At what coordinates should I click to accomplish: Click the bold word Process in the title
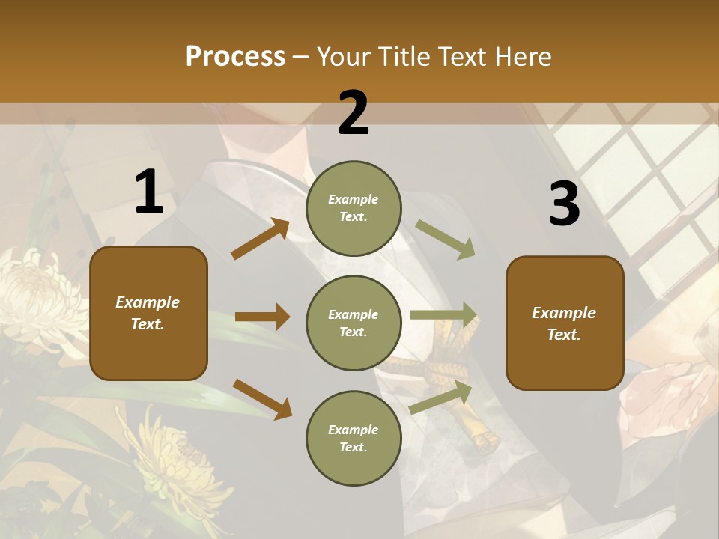click(x=235, y=56)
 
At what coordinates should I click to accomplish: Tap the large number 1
click(x=149, y=192)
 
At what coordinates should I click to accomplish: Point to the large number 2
click(x=354, y=113)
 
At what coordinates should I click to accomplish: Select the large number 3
click(x=564, y=204)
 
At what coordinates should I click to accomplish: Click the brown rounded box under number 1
click(x=148, y=313)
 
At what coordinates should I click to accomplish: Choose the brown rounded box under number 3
click(x=565, y=323)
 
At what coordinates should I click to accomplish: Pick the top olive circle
click(x=354, y=207)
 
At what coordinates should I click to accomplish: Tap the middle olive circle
click(x=354, y=323)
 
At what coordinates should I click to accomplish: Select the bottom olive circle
click(x=354, y=438)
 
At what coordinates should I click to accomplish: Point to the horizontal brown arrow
click(x=262, y=317)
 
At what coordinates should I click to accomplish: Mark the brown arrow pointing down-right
click(x=262, y=399)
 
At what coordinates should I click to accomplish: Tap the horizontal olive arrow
click(x=443, y=315)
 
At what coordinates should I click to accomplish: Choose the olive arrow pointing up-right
click(x=441, y=397)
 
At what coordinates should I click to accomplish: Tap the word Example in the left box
click(x=148, y=302)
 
